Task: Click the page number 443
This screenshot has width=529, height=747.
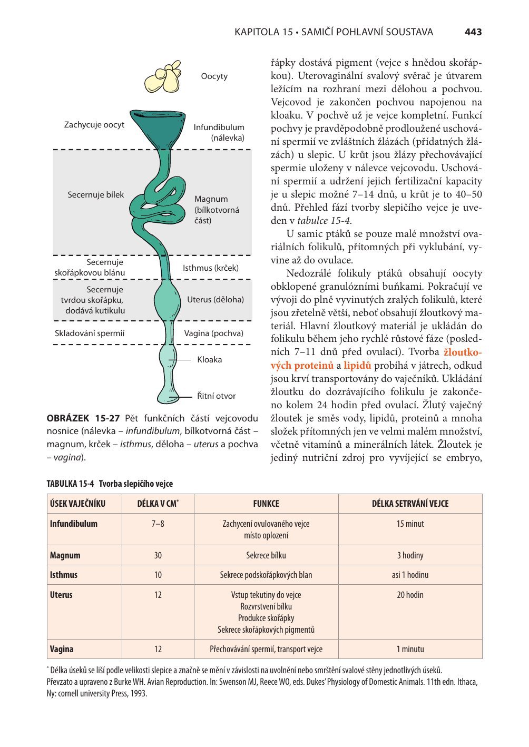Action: pos(473,32)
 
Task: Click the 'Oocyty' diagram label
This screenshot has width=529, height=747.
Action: pos(214,76)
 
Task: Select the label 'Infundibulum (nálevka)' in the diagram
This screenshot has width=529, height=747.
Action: pos(219,132)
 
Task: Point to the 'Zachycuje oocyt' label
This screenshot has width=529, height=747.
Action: pos(94,125)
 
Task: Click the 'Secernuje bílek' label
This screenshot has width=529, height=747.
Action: pos(95,195)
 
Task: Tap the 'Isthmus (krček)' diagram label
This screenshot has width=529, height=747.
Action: pos(210,268)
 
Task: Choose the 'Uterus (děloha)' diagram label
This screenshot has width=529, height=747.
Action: pos(215,300)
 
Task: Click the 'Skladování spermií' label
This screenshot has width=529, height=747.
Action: pos(90,333)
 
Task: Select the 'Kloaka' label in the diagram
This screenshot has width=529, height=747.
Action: pos(209,360)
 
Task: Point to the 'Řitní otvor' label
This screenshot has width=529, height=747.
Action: pos(216,396)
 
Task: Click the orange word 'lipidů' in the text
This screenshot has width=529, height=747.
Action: pos(357,366)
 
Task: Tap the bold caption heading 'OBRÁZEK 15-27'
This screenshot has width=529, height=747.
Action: pos(83,419)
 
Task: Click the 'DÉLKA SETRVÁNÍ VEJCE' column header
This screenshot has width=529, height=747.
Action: pos(410,504)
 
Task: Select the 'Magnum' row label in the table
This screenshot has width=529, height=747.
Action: pos(65,555)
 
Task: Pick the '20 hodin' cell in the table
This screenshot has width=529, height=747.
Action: pos(410,595)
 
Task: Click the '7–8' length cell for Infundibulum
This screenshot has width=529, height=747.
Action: pos(158,524)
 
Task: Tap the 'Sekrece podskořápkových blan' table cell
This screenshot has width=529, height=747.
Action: pos(266,575)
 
